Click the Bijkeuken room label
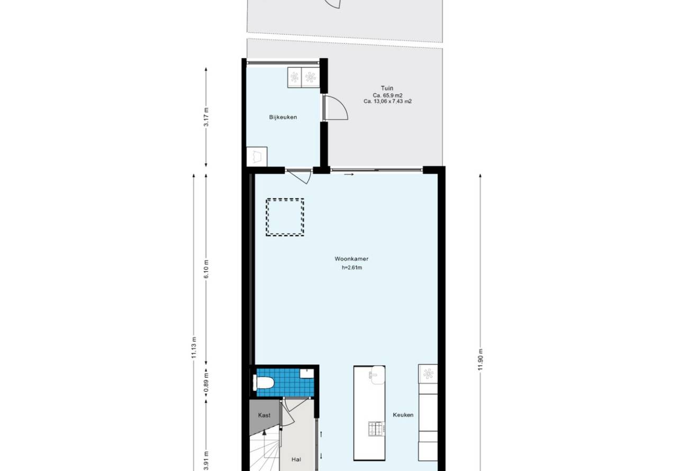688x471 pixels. [283, 117]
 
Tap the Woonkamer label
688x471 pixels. [351, 259]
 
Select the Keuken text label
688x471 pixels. [403, 415]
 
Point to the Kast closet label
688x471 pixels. [264, 415]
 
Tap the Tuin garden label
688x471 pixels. [387, 88]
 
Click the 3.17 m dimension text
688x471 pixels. [206, 116]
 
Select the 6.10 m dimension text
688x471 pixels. [206, 269]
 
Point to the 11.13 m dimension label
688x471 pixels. [194, 347]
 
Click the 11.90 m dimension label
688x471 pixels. [481, 359]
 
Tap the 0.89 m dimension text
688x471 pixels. [206, 384]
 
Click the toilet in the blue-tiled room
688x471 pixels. [263, 383]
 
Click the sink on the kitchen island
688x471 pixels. [377, 375]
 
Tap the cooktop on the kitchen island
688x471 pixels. [377, 429]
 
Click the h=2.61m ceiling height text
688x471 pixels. [352, 267]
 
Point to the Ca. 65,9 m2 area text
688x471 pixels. [387, 95]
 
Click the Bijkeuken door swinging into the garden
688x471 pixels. [336, 107]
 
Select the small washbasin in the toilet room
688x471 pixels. [307, 374]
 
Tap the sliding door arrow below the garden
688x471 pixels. [349, 175]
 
